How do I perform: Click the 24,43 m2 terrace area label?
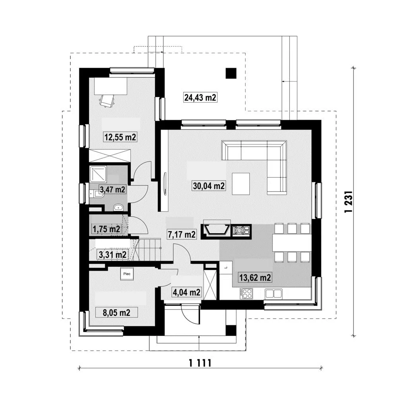pos(200,98)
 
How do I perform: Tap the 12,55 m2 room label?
pos(120,137)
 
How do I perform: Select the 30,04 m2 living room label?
pos(209,186)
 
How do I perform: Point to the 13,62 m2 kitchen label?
pos(255,278)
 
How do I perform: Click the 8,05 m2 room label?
pos(116,313)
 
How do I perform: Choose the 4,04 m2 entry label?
pos(186,292)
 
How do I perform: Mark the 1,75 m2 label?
pos(106,229)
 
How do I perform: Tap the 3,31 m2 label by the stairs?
pos(112,255)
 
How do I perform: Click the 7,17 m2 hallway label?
pos(182,234)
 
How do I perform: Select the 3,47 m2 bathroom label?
pos(112,190)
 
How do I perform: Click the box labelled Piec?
pos(127,273)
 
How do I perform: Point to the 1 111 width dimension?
pos(200,363)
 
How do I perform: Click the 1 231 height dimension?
pos(349,201)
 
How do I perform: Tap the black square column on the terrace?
pos(231,73)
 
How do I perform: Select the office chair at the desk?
pos(107,101)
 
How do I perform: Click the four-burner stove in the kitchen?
pos(246,294)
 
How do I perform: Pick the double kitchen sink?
pos(273,294)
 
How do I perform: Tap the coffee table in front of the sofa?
pos(241,184)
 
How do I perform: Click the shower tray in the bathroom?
pos(98,174)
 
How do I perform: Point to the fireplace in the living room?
pos(216,230)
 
